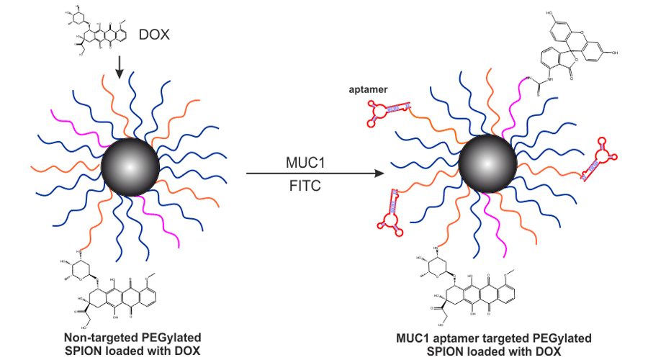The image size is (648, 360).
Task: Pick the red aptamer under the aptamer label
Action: point(388,109)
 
